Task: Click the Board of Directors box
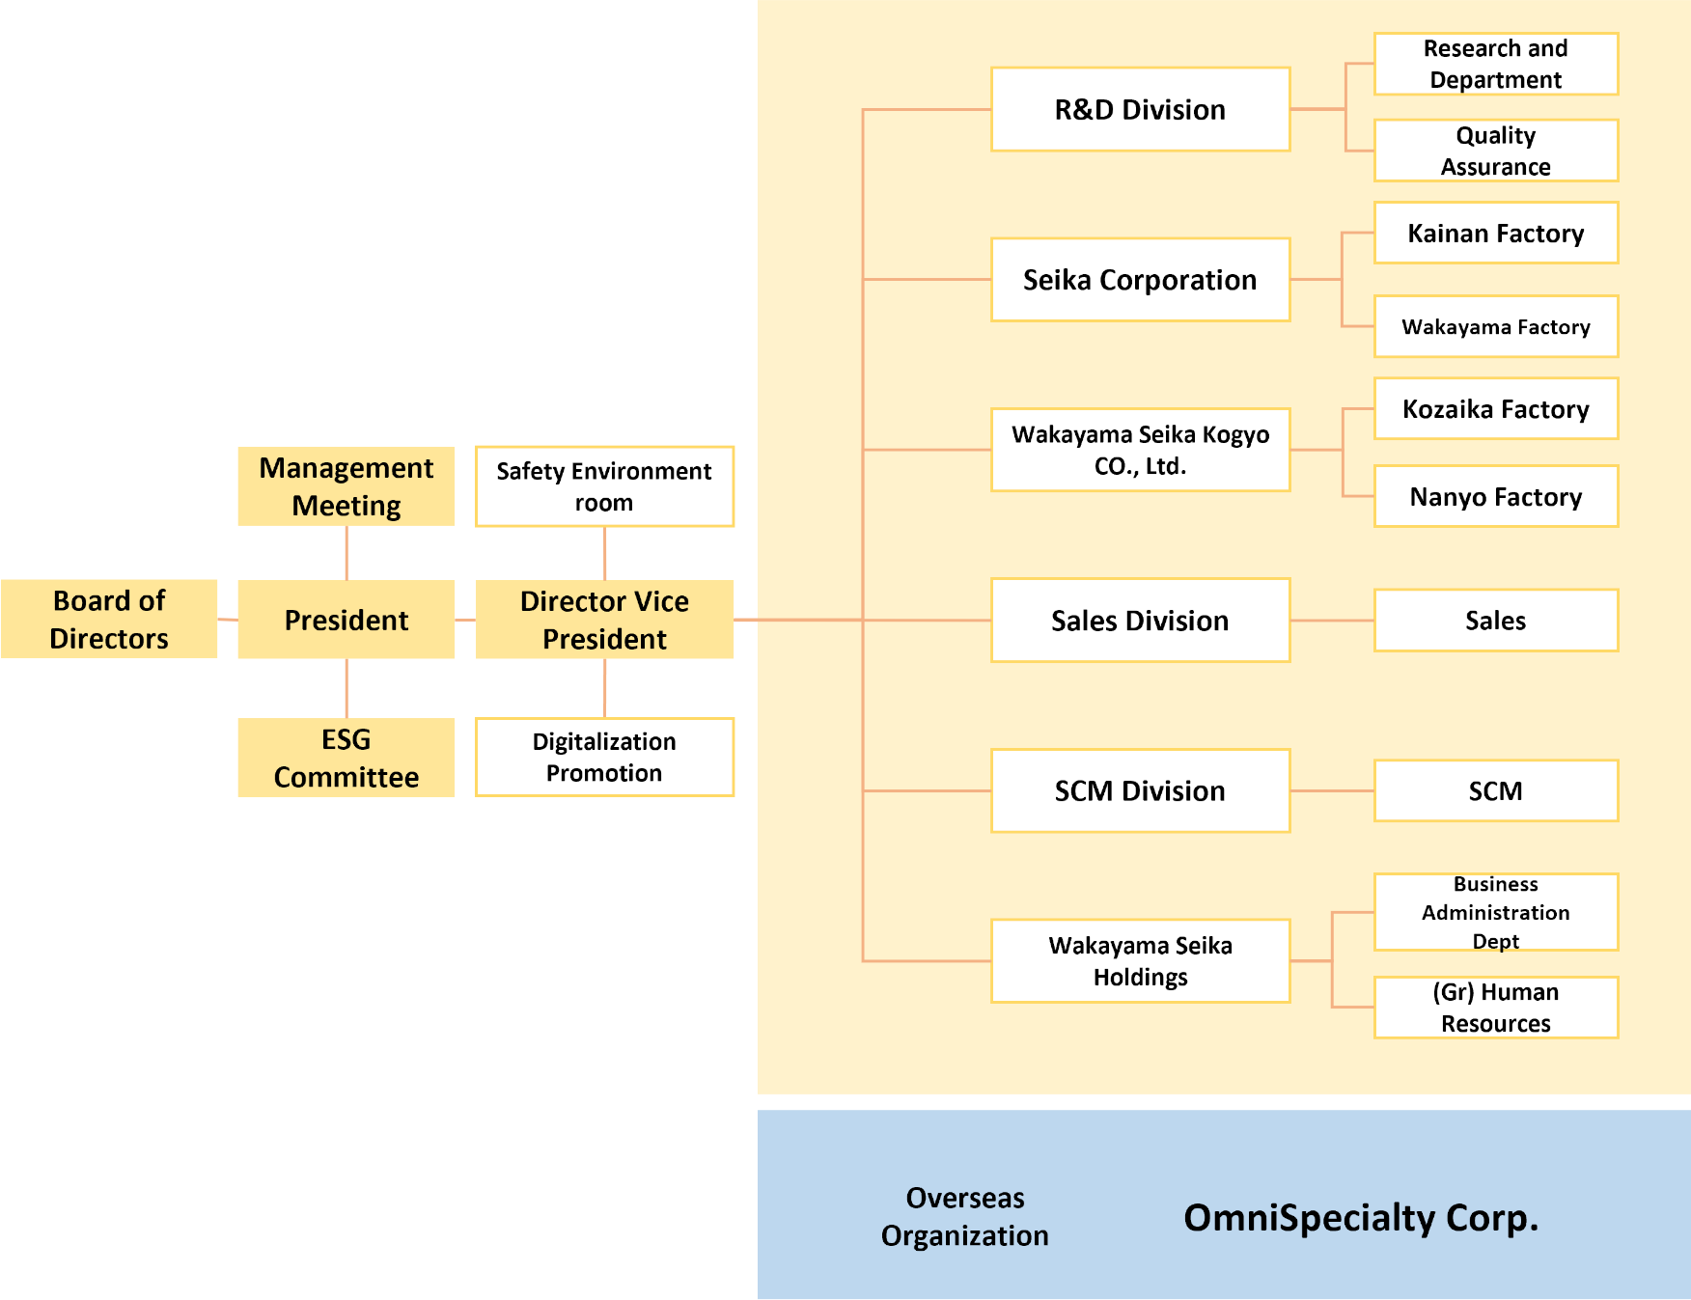click(x=109, y=619)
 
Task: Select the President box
click(x=347, y=619)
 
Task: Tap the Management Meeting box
click(x=347, y=486)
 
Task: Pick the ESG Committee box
click(x=347, y=758)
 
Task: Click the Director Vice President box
click(x=604, y=619)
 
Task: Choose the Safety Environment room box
click(x=604, y=486)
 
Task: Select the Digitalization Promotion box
click(x=604, y=757)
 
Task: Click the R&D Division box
click(x=1140, y=109)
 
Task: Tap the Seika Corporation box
click(x=1140, y=280)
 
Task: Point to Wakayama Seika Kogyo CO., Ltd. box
click(x=1140, y=450)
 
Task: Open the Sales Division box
click(x=1140, y=621)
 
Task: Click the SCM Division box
click(x=1140, y=790)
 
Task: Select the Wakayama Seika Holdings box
click(x=1140, y=961)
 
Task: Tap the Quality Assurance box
click(x=1496, y=151)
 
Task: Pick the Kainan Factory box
click(x=1496, y=233)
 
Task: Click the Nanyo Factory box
click(x=1496, y=496)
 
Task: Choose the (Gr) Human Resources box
click(x=1496, y=1008)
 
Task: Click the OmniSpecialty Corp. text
click(x=1361, y=1218)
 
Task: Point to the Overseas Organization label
click(x=965, y=1216)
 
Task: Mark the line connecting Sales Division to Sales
click(x=1332, y=621)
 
